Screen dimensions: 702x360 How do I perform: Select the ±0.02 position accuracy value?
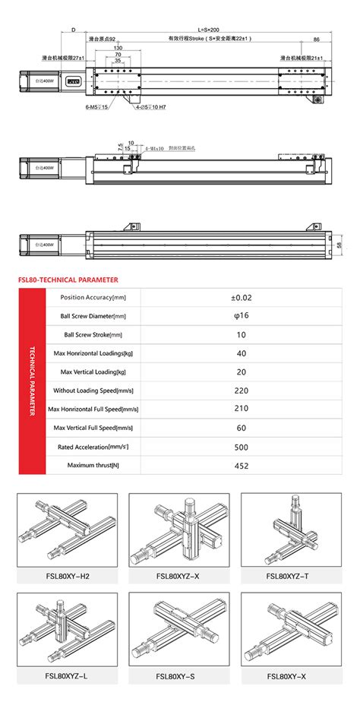tap(241, 298)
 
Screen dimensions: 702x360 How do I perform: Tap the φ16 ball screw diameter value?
tap(241, 316)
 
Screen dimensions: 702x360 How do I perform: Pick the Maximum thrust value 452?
tap(241, 465)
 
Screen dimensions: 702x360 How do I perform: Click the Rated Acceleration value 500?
tap(241, 447)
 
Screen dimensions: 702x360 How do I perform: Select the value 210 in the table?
tap(241, 409)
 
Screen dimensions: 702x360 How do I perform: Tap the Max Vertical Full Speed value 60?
tap(241, 428)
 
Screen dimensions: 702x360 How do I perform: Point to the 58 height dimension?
tap(339, 245)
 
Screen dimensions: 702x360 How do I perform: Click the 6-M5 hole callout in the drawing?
tap(96, 107)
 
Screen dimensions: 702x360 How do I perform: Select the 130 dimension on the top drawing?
tap(118, 48)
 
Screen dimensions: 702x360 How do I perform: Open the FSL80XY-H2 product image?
tap(68, 528)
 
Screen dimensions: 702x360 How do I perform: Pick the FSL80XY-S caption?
tap(180, 675)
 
